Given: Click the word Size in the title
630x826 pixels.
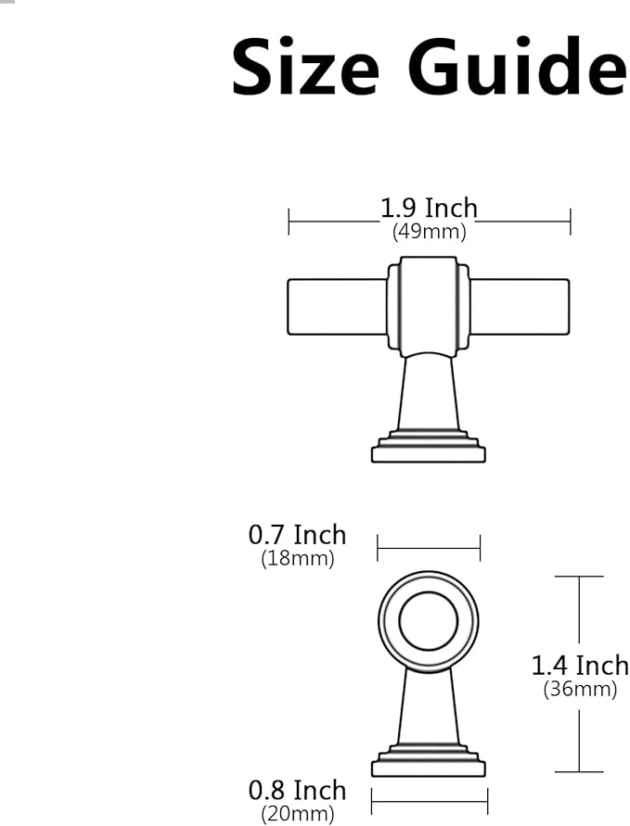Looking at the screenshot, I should pyautogui.click(x=304, y=69).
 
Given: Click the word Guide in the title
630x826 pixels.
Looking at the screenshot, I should pyautogui.click(x=520, y=69).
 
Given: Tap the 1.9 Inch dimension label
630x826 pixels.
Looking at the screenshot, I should pyautogui.click(x=429, y=209).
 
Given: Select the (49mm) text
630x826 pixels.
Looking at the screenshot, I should pyautogui.click(x=429, y=232).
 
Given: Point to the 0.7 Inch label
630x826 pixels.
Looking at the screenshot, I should pyautogui.click(x=297, y=535).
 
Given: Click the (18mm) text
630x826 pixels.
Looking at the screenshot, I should pyautogui.click(x=297, y=559).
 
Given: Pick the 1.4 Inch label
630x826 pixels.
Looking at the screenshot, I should pyautogui.click(x=580, y=666).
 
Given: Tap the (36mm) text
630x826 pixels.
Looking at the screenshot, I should pyautogui.click(x=580, y=689).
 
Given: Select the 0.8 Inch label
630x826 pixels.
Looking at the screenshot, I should pyautogui.click(x=297, y=791).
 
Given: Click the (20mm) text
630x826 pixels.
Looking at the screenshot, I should pyautogui.click(x=297, y=815).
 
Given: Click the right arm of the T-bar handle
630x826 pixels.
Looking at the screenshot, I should pyautogui.click(x=520, y=307).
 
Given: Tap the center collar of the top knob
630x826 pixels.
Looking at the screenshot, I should pyautogui.click(x=428, y=306).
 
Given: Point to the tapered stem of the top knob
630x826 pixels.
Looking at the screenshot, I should pyautogui.click(x=428, y=394).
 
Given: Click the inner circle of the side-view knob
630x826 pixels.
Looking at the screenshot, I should pyautogui.click(x=428, y=619).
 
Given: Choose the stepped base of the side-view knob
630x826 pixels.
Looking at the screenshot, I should pyautogui.click(x=428, y=762).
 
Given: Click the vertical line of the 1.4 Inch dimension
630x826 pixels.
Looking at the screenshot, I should pyautogui.click(x=579, y=621).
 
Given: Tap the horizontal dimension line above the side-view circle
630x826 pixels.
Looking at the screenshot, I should pyautogui.click(x=428, y=547).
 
